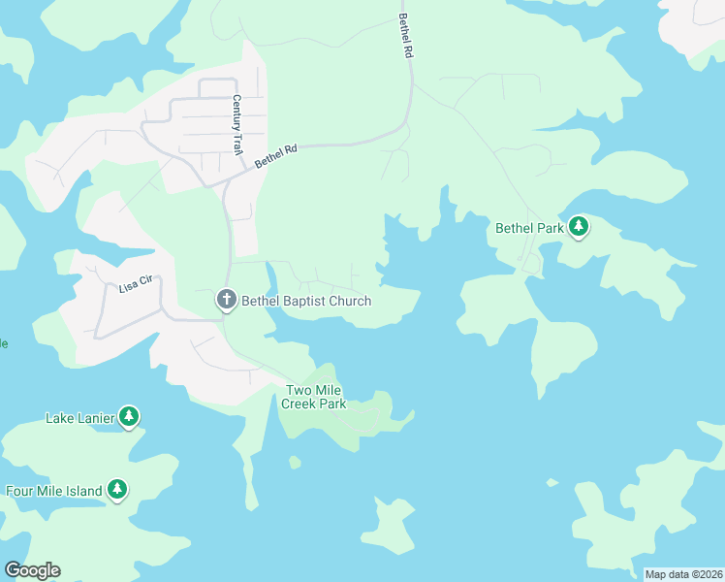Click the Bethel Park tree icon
pos(579,228)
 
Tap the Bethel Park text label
pos(529,229)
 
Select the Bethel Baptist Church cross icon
pos(226,301)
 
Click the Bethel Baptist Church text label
pos(306,301)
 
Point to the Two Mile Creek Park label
pos(314,397)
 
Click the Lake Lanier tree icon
pos(129,418)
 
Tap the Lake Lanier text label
pos(80,419)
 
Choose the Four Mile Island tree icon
pos(117,490)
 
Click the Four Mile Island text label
pos(54,491)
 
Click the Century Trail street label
pos(236,124)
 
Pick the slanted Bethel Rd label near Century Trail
pos(275,157)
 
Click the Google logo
pos(32,569)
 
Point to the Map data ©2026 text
pos(683,574)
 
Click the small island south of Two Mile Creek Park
pos(294,462)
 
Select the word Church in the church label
pos(350,301)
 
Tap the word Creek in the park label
pos(299,404)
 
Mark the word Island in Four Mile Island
pos(83,491)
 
